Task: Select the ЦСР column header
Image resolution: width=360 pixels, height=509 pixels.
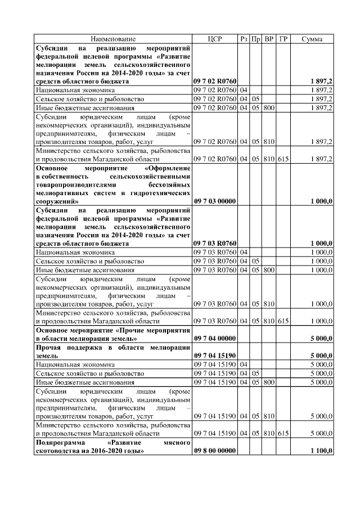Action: (x=215, y=39)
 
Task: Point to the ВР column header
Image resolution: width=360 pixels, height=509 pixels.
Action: (x=269, y=39)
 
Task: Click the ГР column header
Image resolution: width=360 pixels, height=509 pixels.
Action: (x=283, y=39)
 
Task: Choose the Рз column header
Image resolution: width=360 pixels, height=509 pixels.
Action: (x=244, y=39)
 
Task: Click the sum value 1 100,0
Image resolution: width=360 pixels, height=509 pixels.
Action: (x=321, y=451)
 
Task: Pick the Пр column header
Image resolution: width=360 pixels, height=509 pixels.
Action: (x=256, y=39)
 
